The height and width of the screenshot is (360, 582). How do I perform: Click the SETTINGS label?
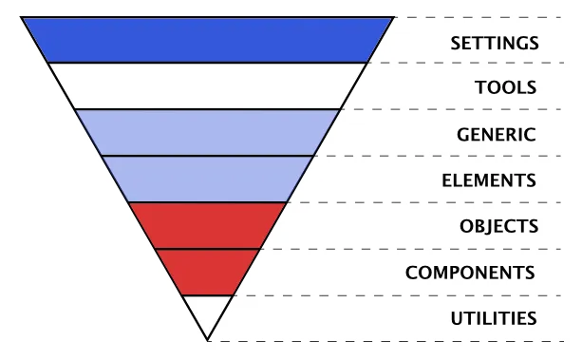pyautogui.click(x=494, y=43)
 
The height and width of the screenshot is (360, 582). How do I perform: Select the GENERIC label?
pyautogui.click(x=495, y=134)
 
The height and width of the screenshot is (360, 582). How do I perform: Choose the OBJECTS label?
pyautogui.click(x=499, y=226)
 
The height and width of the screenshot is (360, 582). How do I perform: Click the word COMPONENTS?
pyautogui.click(x=470, y=273)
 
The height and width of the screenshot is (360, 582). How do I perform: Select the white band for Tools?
pyautogui.click(x=207, y=86)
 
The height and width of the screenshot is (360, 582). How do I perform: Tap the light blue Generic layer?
pyautogui.click(x=207, y=132)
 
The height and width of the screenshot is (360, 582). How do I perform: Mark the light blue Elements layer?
pyautogui.click(x=207, y=179)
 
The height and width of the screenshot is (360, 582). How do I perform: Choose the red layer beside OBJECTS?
pyautogui.click(x=207, y=225)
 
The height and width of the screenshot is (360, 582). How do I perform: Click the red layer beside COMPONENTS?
pyautogui.click(x=207, y=272)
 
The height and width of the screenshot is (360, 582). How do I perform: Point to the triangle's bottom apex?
pyautogui.click(x=207, y=340)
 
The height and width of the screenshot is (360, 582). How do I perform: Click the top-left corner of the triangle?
pyautogui.click(x=22, y=17)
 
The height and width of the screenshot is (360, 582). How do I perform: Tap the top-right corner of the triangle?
pyautogui.click(x=393, y=17)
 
